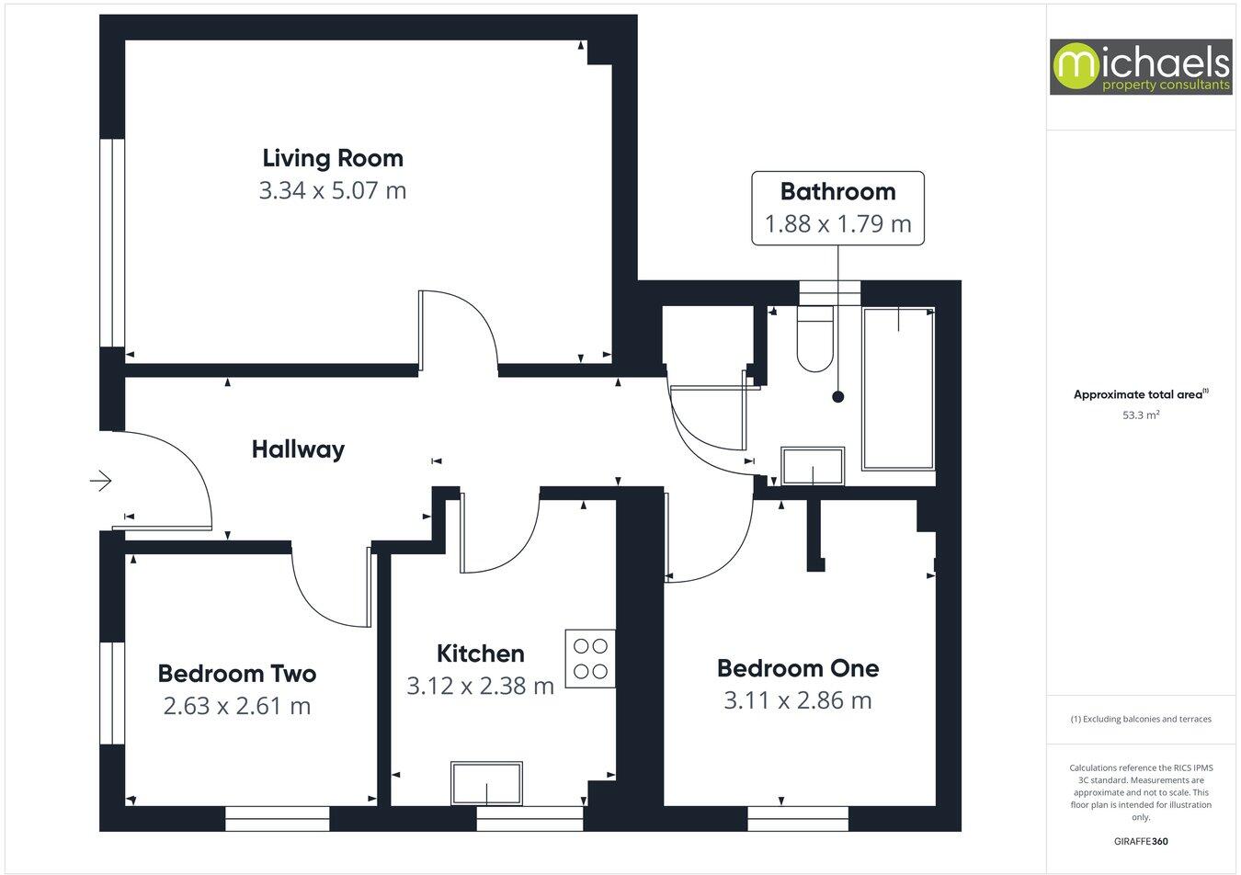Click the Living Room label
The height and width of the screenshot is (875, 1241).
pos(332,158)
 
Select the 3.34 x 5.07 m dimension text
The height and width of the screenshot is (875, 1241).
pos(332,191)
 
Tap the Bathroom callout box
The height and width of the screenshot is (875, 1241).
pos(837,208)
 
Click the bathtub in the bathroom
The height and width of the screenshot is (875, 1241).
pos(898,389)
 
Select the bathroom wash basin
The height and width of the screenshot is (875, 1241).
pos(813,466)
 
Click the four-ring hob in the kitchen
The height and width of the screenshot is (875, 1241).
pos(591,658)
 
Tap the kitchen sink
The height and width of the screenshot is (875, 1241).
pos(486,783)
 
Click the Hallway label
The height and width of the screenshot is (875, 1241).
pos(298,449)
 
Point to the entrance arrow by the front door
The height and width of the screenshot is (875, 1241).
pos(100,481)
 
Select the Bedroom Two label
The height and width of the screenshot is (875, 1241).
pos(236,674)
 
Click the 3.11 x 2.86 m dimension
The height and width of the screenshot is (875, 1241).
pos(797,700)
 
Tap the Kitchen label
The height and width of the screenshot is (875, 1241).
pos(480,653)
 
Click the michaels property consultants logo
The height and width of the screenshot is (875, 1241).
pos(1141,67)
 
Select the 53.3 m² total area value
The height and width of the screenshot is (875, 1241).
pos(1140,415)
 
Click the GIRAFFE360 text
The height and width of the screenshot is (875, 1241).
pos(1141,840)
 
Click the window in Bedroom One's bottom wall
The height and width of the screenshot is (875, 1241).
pos(798,818)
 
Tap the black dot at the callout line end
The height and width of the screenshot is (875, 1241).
pos(837,397)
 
